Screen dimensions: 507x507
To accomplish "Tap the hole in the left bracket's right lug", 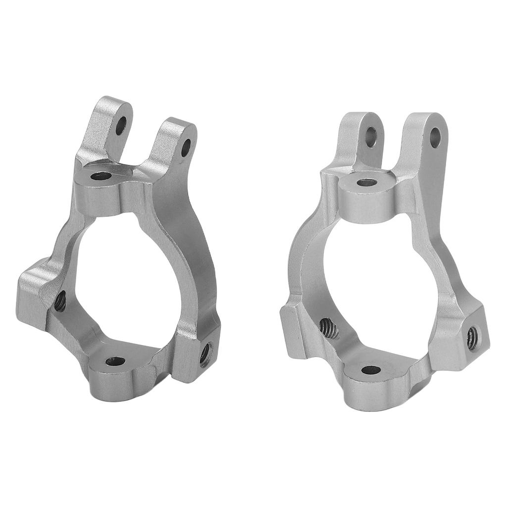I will click(x=186, y=148).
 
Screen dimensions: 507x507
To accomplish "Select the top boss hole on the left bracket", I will click(x=101, y=176).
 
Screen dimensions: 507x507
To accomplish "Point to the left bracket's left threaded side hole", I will click(x=60, y=301).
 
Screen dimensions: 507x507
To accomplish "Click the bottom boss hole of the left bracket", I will click(x=115, y=361).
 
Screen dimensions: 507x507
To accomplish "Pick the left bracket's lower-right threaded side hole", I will click(x=205, y=354).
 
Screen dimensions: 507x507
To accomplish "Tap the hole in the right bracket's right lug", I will click(x=435, y=138).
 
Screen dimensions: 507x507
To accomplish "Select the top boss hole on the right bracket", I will click(x=366, y=182).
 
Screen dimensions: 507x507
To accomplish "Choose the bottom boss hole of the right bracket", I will click(x=371, y=370).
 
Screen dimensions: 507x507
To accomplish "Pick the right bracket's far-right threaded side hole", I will click(x=473, y=338).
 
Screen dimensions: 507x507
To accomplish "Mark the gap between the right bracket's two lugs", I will click(x=395, y=149).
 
